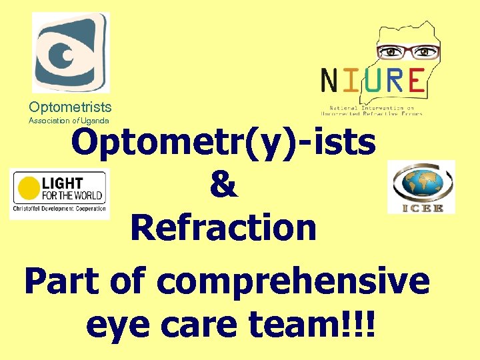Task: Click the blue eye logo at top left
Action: click(x=71, y=52)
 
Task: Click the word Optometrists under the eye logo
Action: click(x=70, y=107)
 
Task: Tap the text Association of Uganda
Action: click(x=69, y=121)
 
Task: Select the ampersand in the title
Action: click(x=223, y=185)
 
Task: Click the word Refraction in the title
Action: click(x=223, y=228)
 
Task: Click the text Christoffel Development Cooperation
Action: click(x=59, y=209)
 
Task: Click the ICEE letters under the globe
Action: click(x=421, y=208)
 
